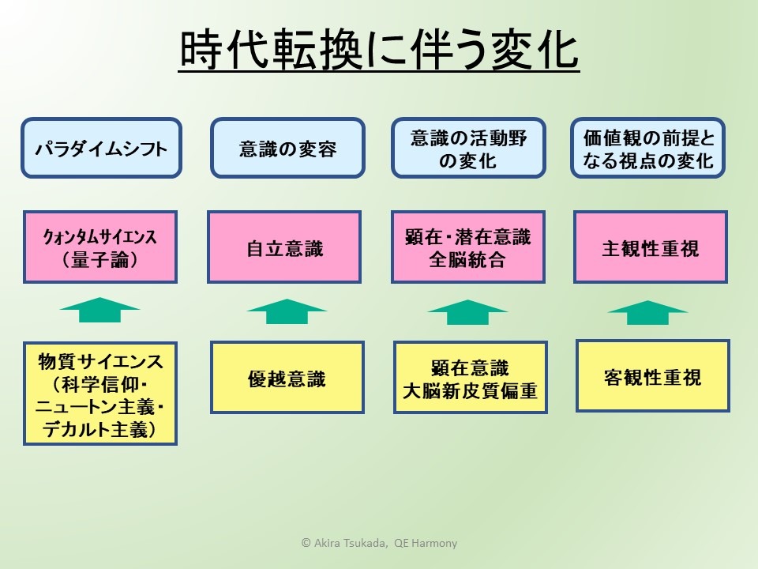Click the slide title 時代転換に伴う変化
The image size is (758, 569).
tap(379, 51)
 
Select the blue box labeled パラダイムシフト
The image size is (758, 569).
tap(101, 148)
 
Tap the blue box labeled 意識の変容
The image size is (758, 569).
tap(287, 148)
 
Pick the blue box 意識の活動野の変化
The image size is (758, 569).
tap(468, 148)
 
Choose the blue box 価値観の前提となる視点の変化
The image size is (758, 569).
tap(648, 148)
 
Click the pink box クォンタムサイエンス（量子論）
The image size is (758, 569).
tap(100, 247)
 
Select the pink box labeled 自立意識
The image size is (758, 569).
tap(284, 247)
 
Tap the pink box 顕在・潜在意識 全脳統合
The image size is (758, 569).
tap(468, 247)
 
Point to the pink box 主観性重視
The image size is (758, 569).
tap(650, 247)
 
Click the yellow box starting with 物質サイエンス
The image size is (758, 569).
tap(100, 393)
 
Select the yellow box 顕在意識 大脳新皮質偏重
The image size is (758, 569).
tap(469, 378)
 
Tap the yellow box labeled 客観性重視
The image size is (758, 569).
tap(651, 375)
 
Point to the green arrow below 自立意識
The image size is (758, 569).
tap(286, 311)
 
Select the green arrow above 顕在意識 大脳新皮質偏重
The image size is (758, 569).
tap(467, 311)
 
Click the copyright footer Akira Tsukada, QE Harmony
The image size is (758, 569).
tap(379, 543)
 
